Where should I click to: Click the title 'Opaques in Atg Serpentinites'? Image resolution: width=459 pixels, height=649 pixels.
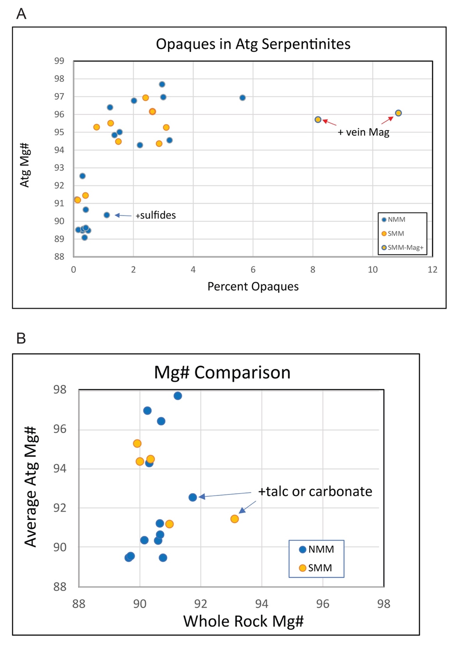(x=253, y=44)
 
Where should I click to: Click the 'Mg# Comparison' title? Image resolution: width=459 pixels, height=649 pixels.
(x=222, y=373)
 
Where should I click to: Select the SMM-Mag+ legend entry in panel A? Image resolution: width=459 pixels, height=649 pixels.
(x=403, y=248)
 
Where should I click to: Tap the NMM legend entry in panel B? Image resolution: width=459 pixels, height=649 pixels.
(x=317, y=549)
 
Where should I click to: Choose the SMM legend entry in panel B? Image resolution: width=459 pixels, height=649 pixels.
(x=315, y=568)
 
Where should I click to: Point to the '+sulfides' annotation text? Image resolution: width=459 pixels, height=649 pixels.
(x=156, y=215)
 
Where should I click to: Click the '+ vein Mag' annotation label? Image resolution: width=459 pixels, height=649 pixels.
(x=363, y=132)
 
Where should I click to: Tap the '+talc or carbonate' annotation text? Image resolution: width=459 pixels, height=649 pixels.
(x=315, y=491)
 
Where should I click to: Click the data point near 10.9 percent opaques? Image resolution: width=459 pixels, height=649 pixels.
(x=398, y=113)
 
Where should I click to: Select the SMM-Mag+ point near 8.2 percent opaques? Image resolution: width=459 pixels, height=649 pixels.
(x=318, y=120)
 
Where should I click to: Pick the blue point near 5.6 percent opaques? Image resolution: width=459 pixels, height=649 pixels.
(x=243, y=98)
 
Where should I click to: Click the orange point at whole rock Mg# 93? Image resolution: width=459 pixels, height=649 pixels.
(x=234, y=519)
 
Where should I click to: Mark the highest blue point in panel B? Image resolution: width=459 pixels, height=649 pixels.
(x=178, y=396)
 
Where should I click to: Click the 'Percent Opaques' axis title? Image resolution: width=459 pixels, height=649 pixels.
(x=253, y=287)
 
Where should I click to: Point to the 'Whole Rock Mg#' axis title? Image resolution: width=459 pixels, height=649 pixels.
(x=243, y=621)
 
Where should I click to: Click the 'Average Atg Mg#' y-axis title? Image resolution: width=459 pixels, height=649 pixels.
(x=31, y=487)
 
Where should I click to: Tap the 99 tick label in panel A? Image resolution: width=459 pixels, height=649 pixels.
(x=59, y=61)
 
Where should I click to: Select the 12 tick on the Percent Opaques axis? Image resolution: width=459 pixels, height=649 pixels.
(x=432, y=269)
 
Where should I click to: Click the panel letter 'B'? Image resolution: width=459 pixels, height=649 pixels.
(x=21, y=338)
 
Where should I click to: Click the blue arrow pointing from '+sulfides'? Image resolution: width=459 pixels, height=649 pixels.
(x=123, y=215)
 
